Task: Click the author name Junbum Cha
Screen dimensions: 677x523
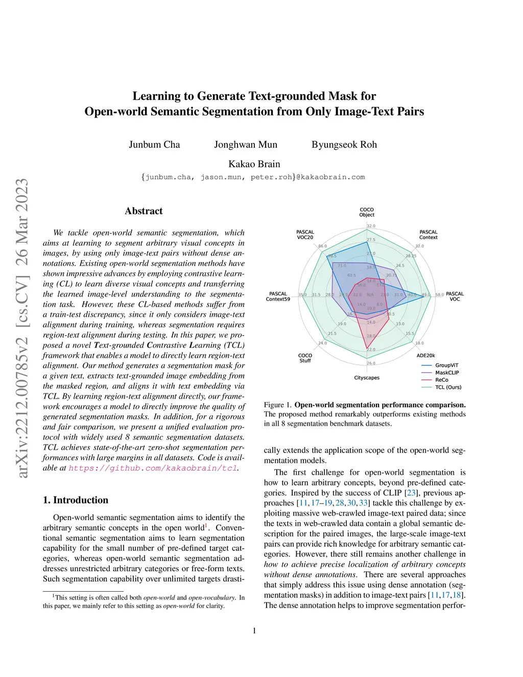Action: tap(154, 145)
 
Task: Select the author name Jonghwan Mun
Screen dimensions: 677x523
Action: tap(246, 145)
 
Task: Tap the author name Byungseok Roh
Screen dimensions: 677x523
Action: tap(344, 145)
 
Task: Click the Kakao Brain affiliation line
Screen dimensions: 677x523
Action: tap(254, 164)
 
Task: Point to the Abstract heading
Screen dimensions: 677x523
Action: tap(144, 211)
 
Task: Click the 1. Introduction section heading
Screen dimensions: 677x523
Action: tap(76, 500)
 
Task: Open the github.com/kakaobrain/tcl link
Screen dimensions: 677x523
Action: tap(153, 468)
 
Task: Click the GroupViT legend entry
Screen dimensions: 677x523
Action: tap(446, 365)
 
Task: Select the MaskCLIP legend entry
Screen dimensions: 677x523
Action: tap(447, 372)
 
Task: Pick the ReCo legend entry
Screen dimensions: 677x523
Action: tap(441, 380)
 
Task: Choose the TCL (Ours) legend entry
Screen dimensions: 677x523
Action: tap(448, 387)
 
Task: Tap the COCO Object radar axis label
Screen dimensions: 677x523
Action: tap(367, 212)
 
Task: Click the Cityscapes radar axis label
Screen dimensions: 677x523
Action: tap(367, 378)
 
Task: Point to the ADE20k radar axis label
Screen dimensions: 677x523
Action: tap(425, 356)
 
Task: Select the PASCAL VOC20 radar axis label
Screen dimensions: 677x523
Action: tap(305, 235)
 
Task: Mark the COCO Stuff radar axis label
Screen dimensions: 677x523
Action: tap(305, 358)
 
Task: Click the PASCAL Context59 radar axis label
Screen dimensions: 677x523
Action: tap(278, 296)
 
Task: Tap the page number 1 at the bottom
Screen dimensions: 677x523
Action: tap(254, 631)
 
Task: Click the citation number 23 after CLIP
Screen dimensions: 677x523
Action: tap(411, 493)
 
